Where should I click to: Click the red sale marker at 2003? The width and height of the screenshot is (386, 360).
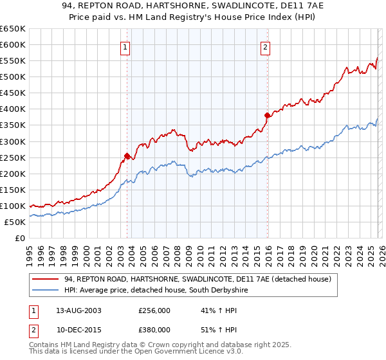click(127, 156)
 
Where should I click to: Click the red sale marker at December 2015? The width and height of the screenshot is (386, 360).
click(266, 115)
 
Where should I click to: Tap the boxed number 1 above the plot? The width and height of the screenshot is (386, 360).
click(125, 46)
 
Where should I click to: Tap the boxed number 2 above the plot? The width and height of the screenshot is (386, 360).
click(265, 46)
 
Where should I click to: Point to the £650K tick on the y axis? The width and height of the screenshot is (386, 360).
click(13, 29)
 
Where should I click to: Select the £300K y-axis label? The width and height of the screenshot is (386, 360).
click(13, 141)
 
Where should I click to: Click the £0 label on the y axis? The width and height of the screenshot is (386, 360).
click(19, 239)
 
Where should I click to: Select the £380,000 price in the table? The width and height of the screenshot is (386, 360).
click(154, 329)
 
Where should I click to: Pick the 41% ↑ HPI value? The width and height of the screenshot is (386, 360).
click(210, 310)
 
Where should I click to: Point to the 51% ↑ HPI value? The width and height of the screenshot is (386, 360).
click(210, 329)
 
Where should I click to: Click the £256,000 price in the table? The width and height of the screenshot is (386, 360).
click(154, 310)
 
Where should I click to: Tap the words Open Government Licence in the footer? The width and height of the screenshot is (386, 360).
click(142, 352)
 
